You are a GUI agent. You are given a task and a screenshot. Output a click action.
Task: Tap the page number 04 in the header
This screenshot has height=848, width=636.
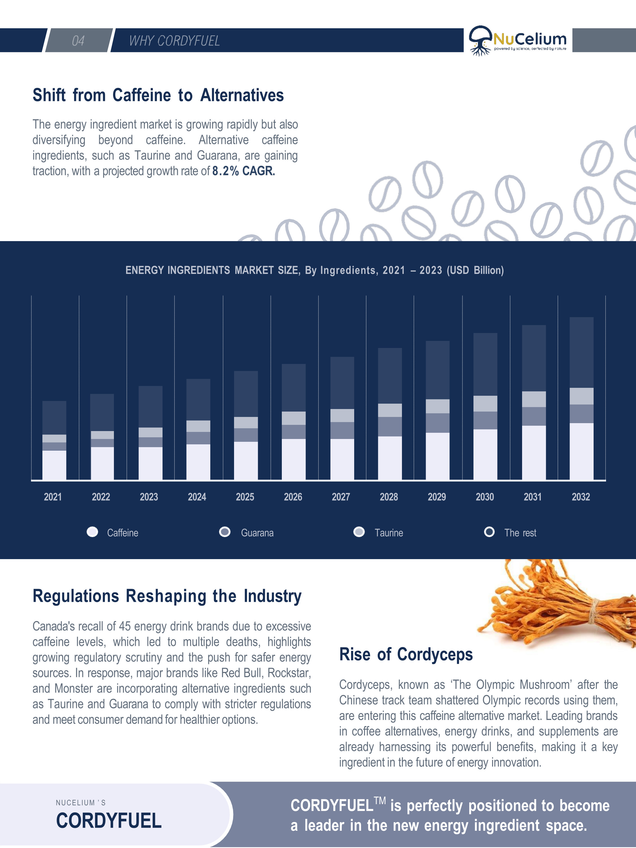pos(78,41)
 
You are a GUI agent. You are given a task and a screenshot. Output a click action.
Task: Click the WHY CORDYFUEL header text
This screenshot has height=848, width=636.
pos(174,41)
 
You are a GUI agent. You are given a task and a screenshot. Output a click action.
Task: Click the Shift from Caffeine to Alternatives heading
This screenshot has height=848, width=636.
pos(158,95)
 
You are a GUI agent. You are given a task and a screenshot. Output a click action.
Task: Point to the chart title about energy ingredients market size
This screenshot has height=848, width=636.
pos(314,270)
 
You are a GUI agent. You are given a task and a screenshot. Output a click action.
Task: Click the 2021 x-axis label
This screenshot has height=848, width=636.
pos(53,497)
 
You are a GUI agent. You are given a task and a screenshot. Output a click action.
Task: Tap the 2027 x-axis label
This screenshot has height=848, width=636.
pos(341,497)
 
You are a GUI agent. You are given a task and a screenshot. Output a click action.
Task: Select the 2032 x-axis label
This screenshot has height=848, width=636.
pos(581,497)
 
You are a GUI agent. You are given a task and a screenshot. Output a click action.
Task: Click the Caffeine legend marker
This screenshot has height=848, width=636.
pos(92,532)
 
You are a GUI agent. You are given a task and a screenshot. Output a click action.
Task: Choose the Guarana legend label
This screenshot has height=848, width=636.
pos(257,533)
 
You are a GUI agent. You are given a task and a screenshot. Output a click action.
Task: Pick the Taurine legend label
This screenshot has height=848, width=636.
pos(389,533)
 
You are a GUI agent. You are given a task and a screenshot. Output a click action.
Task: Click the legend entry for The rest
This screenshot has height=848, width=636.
pos(520,533)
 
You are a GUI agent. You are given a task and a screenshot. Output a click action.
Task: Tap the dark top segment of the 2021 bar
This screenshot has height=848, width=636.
pos(54,417)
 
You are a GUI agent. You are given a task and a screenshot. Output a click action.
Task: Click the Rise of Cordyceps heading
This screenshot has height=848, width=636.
pos(406,654)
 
